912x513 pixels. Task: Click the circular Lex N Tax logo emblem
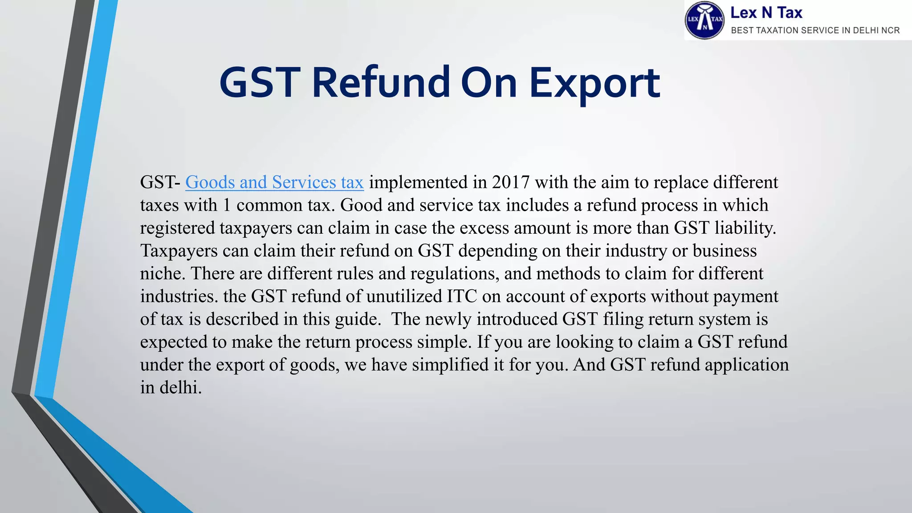(704, 20)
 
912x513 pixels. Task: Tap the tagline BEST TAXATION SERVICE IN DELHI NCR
(815, 30)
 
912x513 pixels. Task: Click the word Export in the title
(594, 83)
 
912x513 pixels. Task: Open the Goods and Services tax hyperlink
(274, 182)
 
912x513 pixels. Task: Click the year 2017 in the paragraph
(511, 182)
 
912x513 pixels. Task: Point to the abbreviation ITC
(462, 296)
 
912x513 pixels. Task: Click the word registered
(178, 228)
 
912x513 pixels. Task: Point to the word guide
(358, 319)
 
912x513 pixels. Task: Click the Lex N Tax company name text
(766, 13)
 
